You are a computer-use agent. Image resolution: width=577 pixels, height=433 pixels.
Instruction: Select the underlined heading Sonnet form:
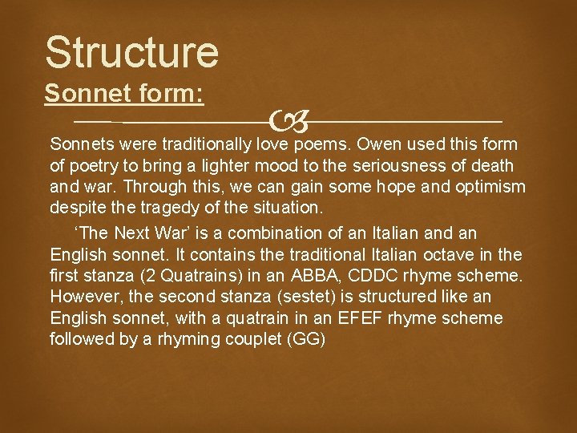pos(124,94)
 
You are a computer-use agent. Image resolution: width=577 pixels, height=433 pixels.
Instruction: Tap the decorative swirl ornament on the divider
pos(288,123)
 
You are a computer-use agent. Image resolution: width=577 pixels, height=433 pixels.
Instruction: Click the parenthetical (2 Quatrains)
pos(184,276)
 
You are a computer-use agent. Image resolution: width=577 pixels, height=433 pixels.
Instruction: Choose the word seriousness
pos(402,166)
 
